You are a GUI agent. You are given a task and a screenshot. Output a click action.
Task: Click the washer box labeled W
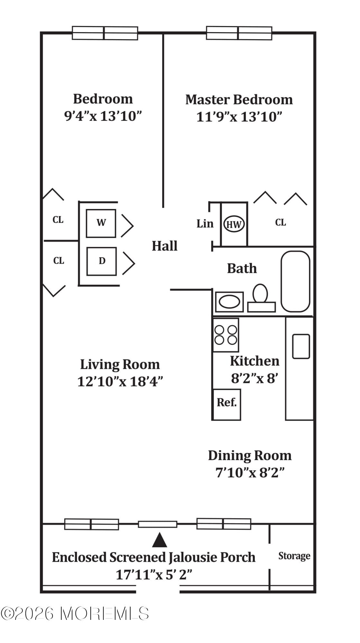click(101, 223)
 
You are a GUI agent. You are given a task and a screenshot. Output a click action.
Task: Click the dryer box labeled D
click(101, 261)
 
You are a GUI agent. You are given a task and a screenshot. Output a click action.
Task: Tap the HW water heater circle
click(234, 224)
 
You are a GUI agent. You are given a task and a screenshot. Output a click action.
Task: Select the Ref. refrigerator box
click(226, 404)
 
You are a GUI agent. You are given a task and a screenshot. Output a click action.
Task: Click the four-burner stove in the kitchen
click(226, 335)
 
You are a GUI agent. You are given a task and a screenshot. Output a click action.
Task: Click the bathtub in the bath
click(295, 281)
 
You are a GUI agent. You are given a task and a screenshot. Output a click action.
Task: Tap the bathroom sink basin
click(229, 302)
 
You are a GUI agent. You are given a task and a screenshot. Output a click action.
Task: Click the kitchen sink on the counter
click(301, 346)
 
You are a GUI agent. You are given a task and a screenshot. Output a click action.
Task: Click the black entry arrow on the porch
click(159, 540)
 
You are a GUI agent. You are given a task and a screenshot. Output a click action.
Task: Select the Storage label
click(294, 556)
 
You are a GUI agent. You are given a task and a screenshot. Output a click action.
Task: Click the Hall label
click(164, 246)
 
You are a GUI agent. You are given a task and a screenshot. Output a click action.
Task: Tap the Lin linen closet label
click(205, 223)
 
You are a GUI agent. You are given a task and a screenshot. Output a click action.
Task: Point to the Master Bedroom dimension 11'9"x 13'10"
click(239, 117)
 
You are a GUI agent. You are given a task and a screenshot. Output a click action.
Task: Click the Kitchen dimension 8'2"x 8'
click(254, 378)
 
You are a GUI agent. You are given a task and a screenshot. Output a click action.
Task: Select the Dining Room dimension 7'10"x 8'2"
click(250, 473)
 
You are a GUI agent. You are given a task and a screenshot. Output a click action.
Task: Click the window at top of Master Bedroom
click(239, 33)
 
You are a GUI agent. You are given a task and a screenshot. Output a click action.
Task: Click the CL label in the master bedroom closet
click(280, 222)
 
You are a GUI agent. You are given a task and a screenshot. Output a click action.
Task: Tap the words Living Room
click(120, 365)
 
